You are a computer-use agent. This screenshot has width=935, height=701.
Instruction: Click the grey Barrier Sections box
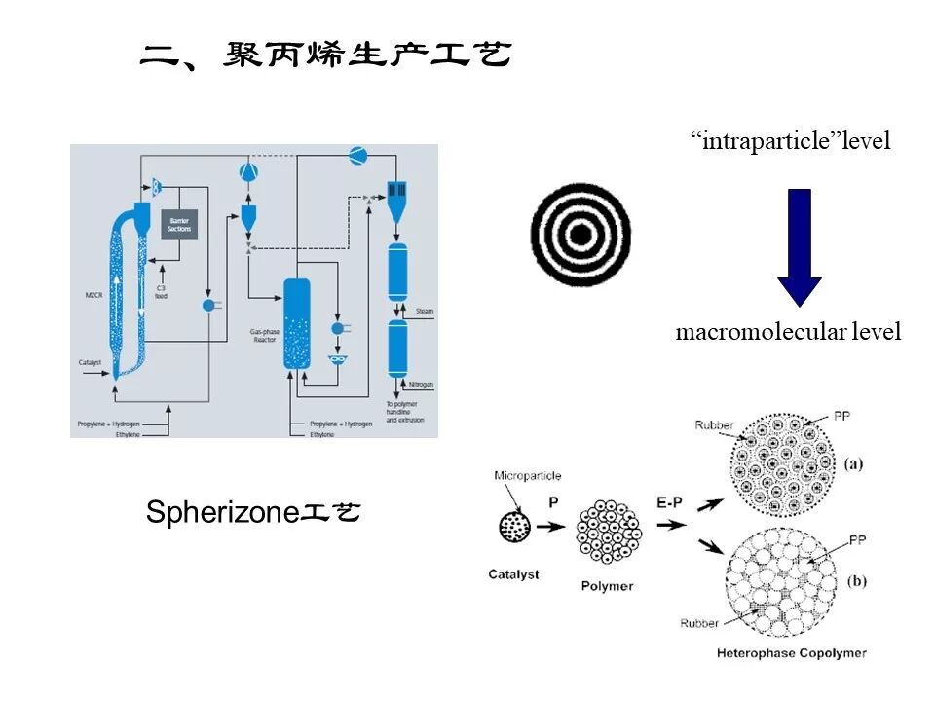[x=179, y=225]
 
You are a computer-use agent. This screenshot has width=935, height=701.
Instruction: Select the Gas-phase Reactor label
[x=265, y=335]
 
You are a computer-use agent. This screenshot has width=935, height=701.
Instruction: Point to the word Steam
[x=425, y=311]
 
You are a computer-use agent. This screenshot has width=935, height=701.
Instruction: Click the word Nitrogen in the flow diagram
[x=422, y=384]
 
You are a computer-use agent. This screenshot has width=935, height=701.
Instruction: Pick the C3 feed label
[x=161, y=291]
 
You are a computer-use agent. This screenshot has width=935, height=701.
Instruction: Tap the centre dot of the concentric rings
[x=580, y=236]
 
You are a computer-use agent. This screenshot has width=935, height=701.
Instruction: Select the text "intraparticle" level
[x=790, y=141]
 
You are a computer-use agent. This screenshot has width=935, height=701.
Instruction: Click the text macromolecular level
[x=788, y=332]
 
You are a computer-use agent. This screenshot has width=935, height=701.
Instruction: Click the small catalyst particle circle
[x=512, y=527]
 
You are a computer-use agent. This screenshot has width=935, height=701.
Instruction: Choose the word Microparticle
[x=528, y=476]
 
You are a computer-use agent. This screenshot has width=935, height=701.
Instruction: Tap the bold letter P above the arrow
[x=553, y=502]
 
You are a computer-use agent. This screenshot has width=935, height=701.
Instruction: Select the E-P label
[x=669, y=502]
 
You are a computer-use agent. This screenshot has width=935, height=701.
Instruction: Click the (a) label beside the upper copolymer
[x=854, y=463]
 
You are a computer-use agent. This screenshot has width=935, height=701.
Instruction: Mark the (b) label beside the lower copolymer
[x=857, y=581]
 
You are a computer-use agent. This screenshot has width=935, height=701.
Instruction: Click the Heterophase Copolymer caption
[x=790, y=652]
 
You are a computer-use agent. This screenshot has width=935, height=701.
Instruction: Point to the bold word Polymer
[x=606, y=586]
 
